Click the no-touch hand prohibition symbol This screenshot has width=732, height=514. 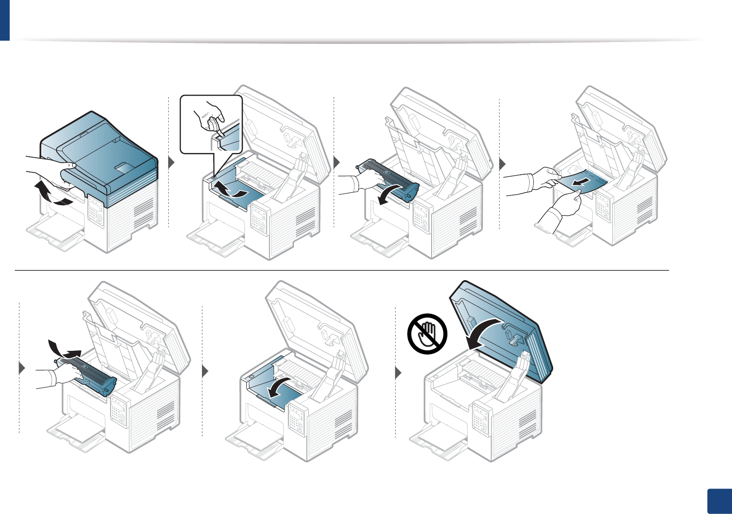[427, 334]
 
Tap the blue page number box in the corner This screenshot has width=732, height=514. [720, 501]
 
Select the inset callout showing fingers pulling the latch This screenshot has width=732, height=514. [211, 124]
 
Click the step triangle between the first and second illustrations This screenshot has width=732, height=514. [171, 163]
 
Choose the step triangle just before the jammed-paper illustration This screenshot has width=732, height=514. [503, 163]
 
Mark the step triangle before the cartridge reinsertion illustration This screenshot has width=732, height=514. [21, 368]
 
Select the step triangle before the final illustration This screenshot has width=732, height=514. [398, 372]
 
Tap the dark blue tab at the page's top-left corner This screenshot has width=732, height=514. [5, 20]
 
